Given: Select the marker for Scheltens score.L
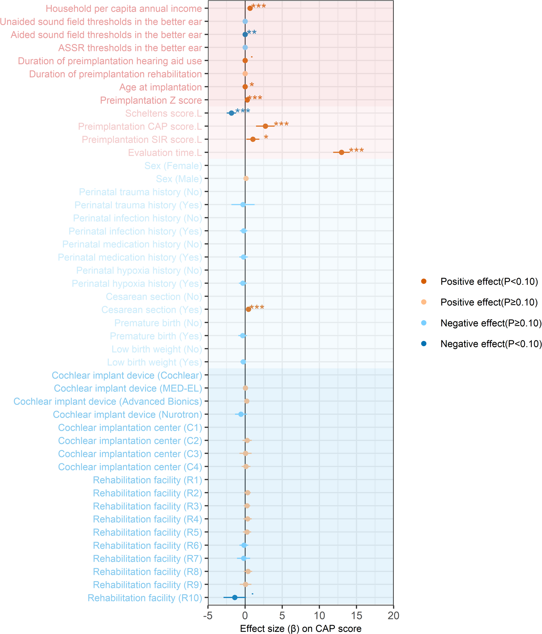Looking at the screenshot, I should (231, 113).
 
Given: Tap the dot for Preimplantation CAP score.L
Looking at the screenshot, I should (265, 126).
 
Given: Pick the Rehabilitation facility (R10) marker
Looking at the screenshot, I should (235, 597).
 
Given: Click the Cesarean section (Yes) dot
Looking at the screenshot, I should (248, 309).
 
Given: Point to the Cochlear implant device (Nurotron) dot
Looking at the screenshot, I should (241, 414).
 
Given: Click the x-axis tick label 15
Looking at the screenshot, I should (356, 615).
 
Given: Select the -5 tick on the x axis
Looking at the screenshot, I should (208, 615).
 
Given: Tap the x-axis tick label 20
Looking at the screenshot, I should (393, 615).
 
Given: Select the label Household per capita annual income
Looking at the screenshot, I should (124, 9).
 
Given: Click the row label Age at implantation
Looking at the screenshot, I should (160, 87).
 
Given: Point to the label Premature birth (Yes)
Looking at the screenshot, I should (156, 336).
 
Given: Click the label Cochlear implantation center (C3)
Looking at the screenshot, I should (130, 454).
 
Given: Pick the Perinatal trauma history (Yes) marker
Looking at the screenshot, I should (243, 204).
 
